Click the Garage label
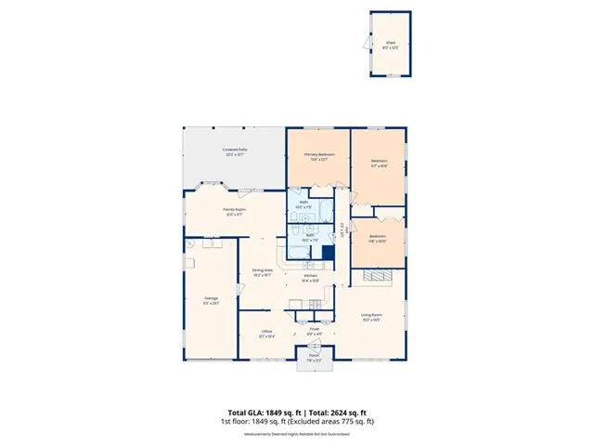(211, 299)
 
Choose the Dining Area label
(262, 272)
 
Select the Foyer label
(314, 329)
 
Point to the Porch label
(315, 358)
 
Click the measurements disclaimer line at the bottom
(296, 434)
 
